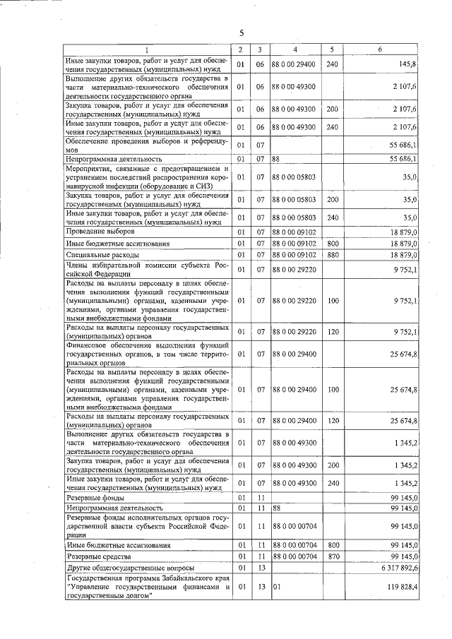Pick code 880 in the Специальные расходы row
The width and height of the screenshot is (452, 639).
pos(331,254)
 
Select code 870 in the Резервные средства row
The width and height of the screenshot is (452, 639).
pos(331,556)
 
